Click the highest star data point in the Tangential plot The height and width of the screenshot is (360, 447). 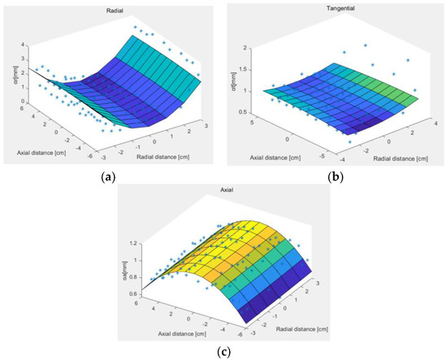click(366, 46)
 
